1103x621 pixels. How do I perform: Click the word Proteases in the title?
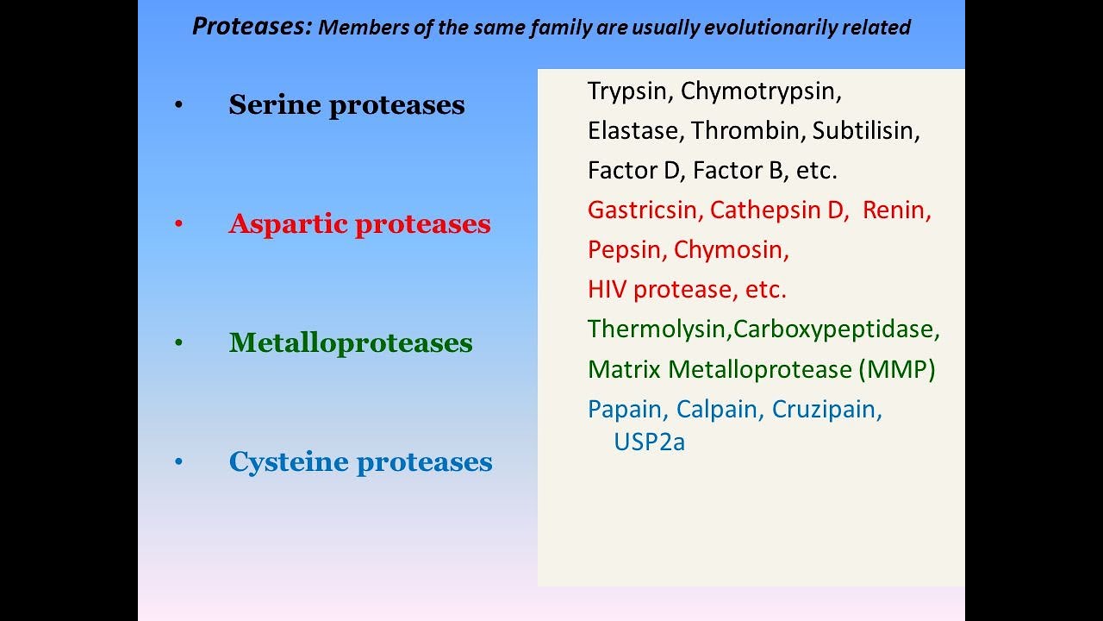(251, 27)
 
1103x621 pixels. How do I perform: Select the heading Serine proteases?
(346, 105)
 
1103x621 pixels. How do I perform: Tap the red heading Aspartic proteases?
(359, 224)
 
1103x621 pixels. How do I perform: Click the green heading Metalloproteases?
(351, 343)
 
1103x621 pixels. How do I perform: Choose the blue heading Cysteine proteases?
(360, 462)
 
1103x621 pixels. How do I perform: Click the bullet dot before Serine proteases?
(178, 105)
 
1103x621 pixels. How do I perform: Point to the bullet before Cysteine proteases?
(178, 462)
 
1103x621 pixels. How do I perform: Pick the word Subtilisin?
(864, 131)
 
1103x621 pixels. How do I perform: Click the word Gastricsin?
(645, 210)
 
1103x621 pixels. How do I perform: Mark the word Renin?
(895, 210)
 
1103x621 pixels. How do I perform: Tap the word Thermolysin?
(658, 329)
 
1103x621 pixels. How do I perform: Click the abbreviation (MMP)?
(896, 370)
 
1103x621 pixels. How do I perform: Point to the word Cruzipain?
(826, 410)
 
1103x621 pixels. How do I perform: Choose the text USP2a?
(649, 442)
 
